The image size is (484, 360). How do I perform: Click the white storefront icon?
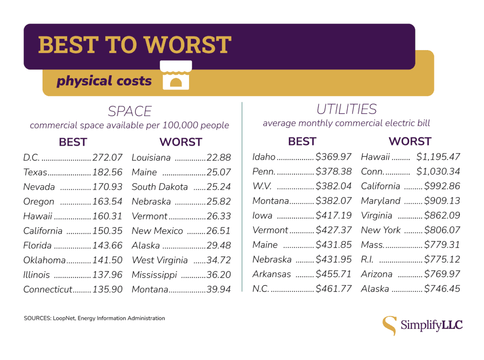point(176,75)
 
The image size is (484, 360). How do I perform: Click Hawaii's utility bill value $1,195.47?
point(438,157)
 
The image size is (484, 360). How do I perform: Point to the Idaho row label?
point(264,157)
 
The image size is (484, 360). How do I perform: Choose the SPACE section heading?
point(130,112)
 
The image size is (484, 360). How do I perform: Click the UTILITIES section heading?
point(346,110)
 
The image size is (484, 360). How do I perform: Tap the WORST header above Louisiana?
point(181,142)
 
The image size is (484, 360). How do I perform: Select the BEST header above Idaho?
point(302,141)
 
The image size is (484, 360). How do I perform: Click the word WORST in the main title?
point(188,45)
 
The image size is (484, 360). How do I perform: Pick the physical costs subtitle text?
point(104,81)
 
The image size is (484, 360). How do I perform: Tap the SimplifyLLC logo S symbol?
point(389,325)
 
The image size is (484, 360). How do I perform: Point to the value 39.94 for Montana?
point(219,290)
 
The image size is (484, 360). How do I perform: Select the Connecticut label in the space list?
point(48,290)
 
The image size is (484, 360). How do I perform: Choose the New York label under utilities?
point(380,230)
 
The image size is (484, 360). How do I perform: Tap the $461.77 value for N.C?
point(334,289)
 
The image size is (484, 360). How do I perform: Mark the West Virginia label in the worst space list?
point(160,260)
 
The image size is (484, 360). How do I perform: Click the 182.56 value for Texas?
point(107,172)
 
